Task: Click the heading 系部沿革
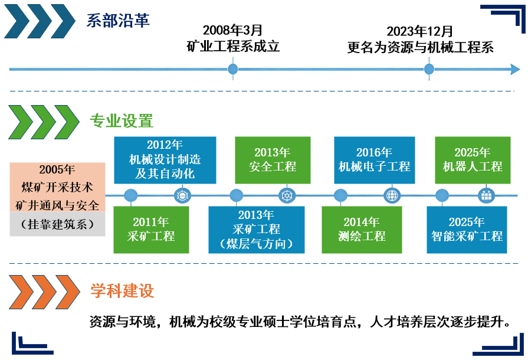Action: (118, 21)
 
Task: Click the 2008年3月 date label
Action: (232, 31)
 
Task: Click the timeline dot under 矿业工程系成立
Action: (233, 70)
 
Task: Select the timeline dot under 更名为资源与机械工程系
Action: (429, 70)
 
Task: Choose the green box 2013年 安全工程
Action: (272, 159)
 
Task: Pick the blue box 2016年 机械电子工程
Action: (374, 159)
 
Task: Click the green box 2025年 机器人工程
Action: (473, 159)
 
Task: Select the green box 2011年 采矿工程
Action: (151, 229)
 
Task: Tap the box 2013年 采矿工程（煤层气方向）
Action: (256, 229)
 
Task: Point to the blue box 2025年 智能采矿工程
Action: (467, 229)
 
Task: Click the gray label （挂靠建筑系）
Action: (57, 224)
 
